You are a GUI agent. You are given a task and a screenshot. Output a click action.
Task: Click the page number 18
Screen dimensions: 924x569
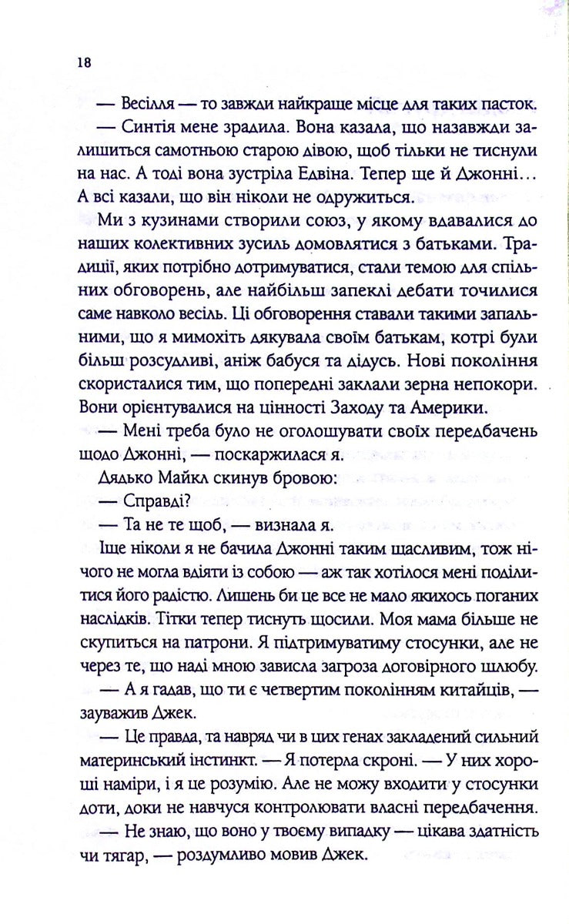(x=84, y=63)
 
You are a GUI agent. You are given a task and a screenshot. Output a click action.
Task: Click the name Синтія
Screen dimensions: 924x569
(x=149, y=128)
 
